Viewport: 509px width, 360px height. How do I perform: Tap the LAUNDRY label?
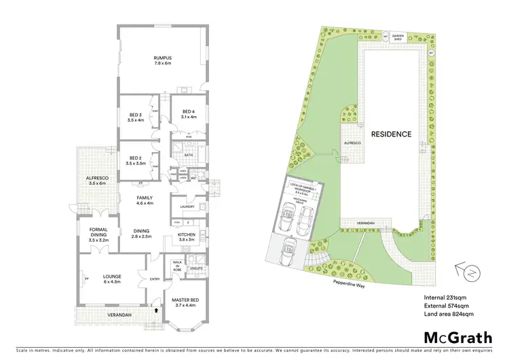tap(187, 207)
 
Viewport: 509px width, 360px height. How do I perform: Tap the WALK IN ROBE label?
tap(177, 266)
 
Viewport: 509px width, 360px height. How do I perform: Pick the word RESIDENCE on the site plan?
tap(391, 134)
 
